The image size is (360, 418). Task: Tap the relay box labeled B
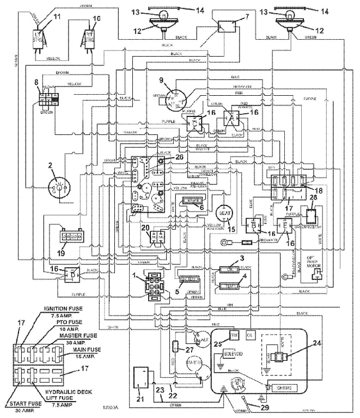[254, 225]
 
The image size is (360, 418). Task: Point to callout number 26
[180, 157]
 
